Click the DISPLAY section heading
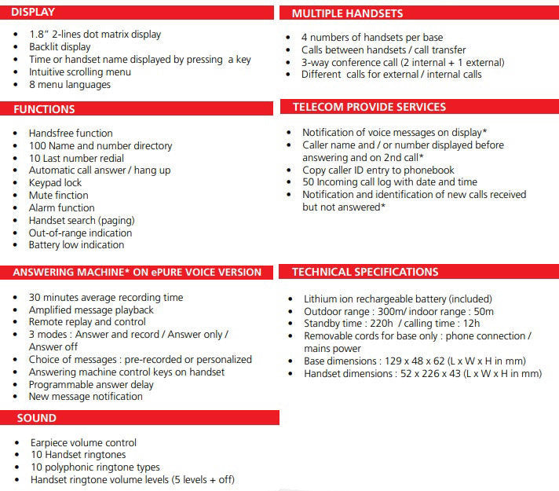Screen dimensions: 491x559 pos(35,13)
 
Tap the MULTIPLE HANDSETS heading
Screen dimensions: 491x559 pos(347,13)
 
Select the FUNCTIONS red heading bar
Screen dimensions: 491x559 pos(44,109)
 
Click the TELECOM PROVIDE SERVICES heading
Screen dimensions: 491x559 pos(368,107)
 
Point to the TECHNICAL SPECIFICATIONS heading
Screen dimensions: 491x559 pos(364,272)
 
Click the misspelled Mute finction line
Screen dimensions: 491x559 pos(58,195)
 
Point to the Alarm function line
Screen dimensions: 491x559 pos(61,207)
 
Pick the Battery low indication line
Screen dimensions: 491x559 pos(76,244)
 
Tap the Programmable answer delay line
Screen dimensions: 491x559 pos(91,384)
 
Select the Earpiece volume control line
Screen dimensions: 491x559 pos(82,442)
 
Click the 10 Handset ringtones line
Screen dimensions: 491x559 pos(77,454)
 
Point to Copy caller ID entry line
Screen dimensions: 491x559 pos(379,170)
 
